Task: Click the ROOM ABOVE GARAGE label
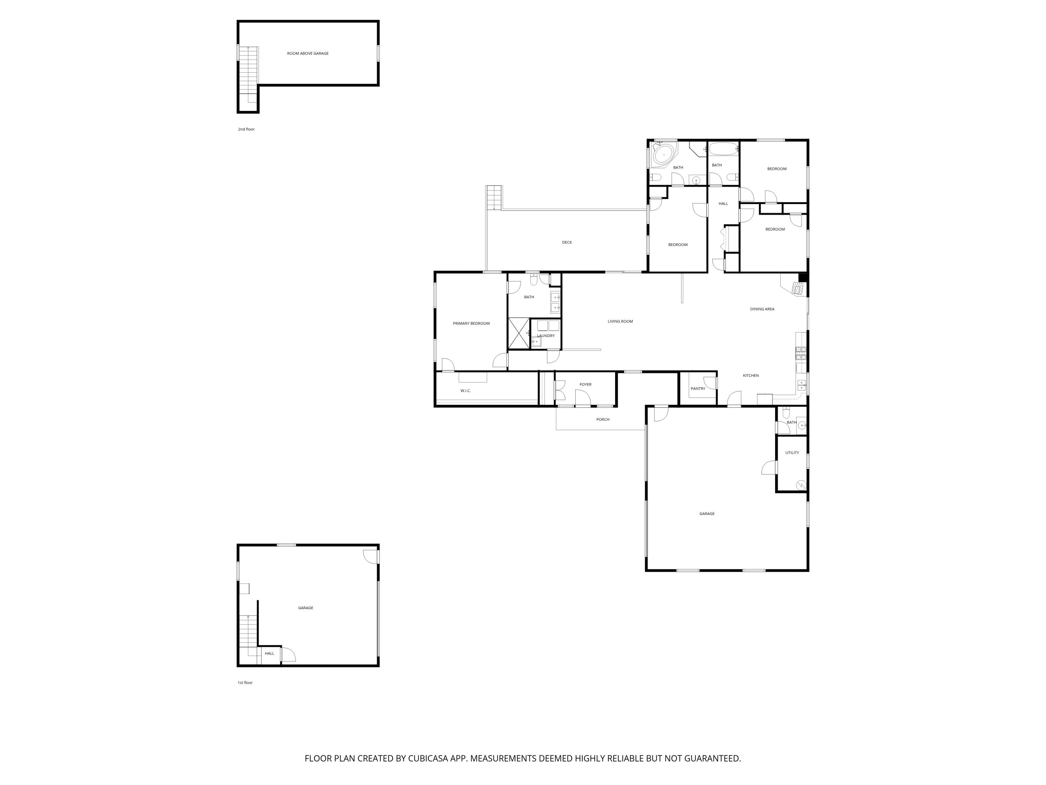click(x=308, y=53)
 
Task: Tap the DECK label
click(x=567, y=242)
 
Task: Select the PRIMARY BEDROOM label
click(x=471, y=324)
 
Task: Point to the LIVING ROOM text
click(x=620, y=321)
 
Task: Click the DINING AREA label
click(x=762, y=309)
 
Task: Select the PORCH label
click(x=602, y=420)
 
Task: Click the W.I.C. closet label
click(x=465, y=391)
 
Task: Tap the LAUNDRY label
click(x=546, y=336)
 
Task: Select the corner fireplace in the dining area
click(x=797, y=288)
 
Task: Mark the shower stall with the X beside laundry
click(x=519, y=333)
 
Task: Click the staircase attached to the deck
click(x=494, y=197)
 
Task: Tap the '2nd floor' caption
click(x=246, y=129)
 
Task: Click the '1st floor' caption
click(x=245, y=683)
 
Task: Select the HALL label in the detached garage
click(x=269, y=653)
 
